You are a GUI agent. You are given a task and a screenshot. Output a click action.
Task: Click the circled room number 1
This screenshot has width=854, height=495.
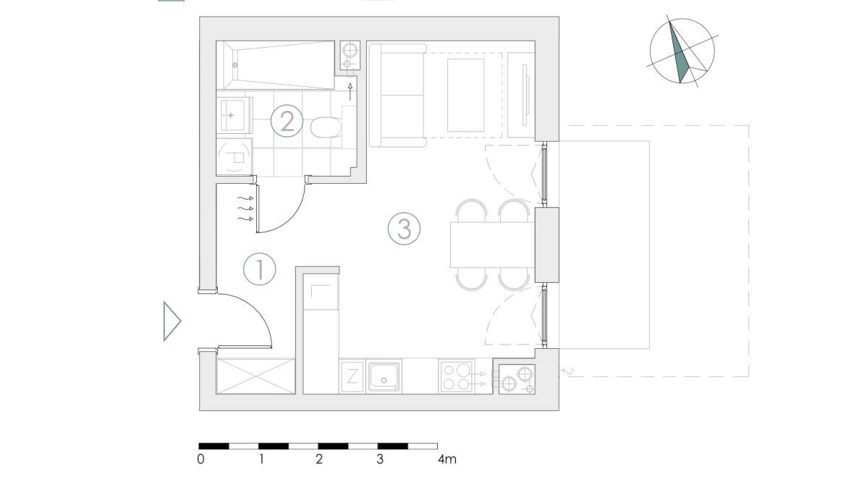[x=259, y=269]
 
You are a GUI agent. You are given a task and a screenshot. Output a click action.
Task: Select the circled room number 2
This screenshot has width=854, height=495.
[x=287, y=121]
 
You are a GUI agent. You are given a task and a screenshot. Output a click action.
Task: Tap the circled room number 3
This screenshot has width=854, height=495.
[x=404, y=228]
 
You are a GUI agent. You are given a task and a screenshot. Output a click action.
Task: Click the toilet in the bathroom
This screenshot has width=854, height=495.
[x=326, y=128]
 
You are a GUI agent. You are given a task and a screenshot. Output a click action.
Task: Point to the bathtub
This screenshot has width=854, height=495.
[x=276, y=65]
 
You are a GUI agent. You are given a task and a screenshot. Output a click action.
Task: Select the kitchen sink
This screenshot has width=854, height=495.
[x=384, y=376]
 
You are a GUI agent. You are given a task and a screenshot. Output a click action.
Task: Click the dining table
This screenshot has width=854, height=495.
[x=492, y=245]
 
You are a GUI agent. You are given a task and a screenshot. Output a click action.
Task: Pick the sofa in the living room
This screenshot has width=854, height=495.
[x=397, y=96]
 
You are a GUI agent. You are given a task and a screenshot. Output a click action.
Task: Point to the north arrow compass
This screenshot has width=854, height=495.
[x=682, y=51]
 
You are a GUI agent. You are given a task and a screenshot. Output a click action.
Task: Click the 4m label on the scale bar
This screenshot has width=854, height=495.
[x=447, y=459]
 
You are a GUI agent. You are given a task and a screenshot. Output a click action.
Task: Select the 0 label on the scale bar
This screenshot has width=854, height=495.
[x=201, y=459]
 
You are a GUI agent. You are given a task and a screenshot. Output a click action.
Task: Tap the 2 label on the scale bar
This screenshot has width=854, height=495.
[x=319, y=459]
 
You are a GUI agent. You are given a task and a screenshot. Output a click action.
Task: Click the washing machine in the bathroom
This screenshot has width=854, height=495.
[x=234, y=157]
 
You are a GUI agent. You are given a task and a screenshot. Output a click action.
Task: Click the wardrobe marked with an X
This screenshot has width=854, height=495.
[x=256, y=376]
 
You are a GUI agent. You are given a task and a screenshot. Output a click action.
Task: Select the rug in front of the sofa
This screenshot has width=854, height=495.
[x=465, y=96]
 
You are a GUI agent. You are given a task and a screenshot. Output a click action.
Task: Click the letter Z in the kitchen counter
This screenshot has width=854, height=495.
[x=352, y=376]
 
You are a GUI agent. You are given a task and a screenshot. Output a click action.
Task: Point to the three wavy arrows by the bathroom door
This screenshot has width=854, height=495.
[x=245, y=208]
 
